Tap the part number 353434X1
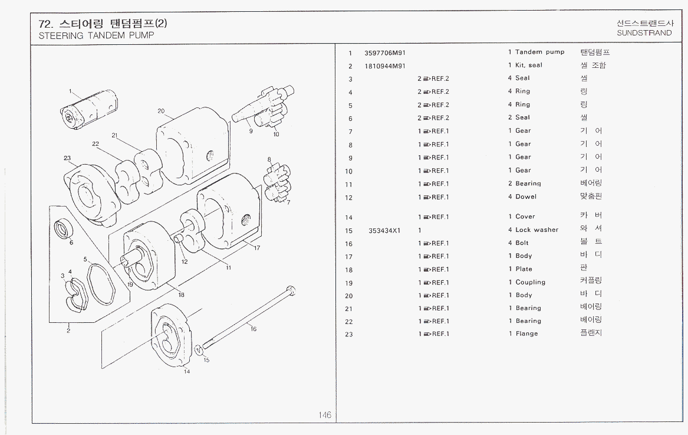click(x=384, y=230)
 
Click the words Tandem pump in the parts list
click(x=539, y=53)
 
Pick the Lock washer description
click(x=536, y=230)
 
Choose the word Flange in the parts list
click(x=526, y=334)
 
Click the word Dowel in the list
click(x=526, y=197)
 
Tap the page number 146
click(x=325, y=415)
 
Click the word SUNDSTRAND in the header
click(x=644, y=33)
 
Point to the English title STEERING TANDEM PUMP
click(x=96, y=35)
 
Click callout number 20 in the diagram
click(x=161, y=110)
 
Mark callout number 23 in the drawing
click(x=67, y=158)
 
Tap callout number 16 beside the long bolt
click(x=254, y=329)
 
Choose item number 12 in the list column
click(x=349, y=198)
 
